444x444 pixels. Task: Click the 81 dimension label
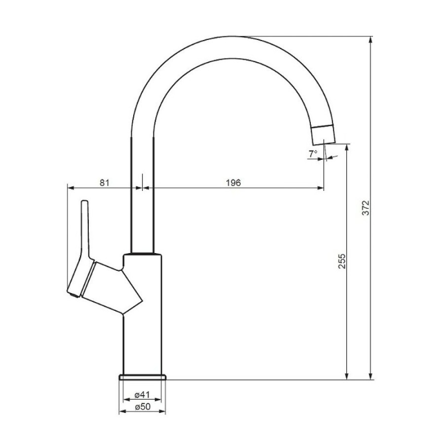pyautogui.click(x=104, y=183)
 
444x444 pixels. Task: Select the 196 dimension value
pyautogui.click(x=233, y=183)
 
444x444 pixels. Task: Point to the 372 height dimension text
pyautogui.click(x=366, y=208)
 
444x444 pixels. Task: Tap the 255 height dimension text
pyautogui.click(x=342, y=261)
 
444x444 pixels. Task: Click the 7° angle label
pyautogui.click(x=313, y=154)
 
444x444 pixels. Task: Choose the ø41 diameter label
pyautogui.click(x=142, y=394)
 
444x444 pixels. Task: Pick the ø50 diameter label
pyautogui.click(x=143, y=407)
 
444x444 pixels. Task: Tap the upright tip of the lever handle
pyautogui.click(x=85, y=202)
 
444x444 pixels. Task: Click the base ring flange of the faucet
pyautogui.click(x=143, y=377)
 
